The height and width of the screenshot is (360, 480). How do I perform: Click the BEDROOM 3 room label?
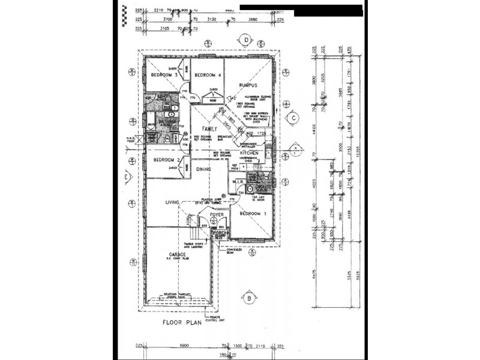[x=163, y=75]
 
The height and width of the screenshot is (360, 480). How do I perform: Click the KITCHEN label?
[x=249, y=154]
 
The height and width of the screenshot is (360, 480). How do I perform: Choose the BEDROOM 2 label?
[x=163, y=160]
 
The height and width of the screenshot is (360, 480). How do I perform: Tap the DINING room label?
[x=204, y=170]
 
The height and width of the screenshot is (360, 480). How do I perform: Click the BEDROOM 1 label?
[x=251, y=214]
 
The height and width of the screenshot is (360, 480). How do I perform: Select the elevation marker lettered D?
[x=246, y=40]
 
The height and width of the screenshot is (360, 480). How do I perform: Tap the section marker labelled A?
[x=295, y=148]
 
